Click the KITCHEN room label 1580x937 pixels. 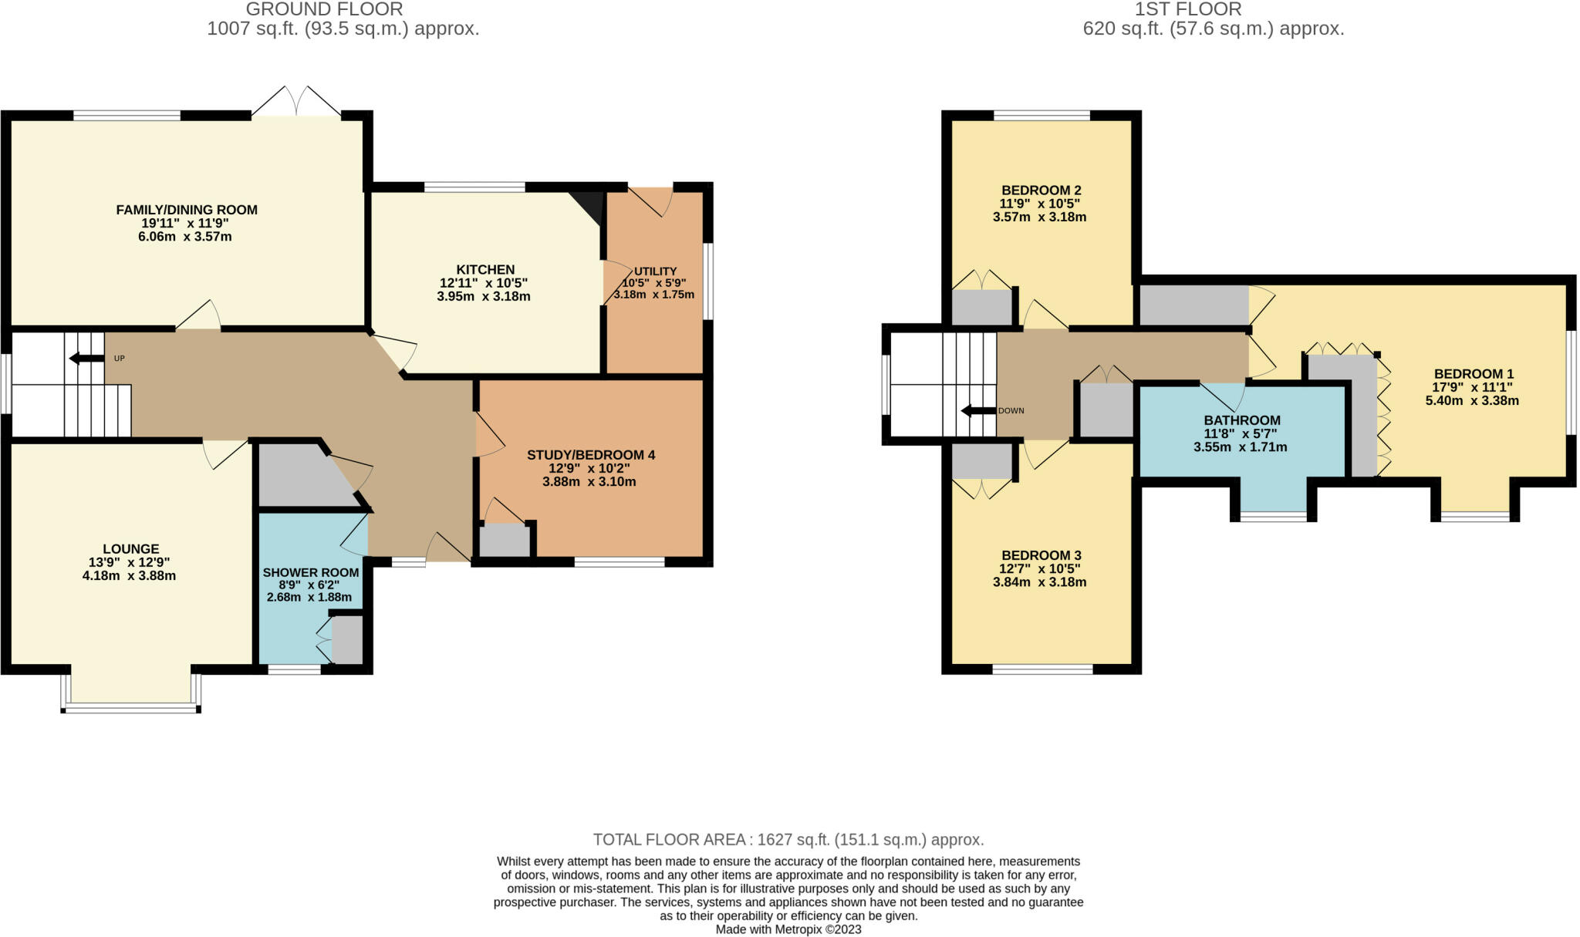pyautogui.click(x=485, y=269)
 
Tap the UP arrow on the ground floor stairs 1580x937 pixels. pyautogui.click(x=86, y=358)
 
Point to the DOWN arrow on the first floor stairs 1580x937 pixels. pyautogui.click(x=977, y=410)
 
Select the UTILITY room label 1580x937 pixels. pyautogui.click(x=655, y=271)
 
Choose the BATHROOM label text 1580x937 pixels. pyautogui.click(x=1242, y=420)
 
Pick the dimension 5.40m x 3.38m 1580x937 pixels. pyautogui.click(x=1472, y=400)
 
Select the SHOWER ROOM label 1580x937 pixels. pyautogui.click(x=311, y=572)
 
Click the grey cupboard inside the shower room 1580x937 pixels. pyautogui.click(x=347, y=639)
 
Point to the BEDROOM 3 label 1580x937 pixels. pyautogui.click(x=1041, y=555)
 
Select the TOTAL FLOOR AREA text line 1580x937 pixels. pyautogui.click(x=788, y=839)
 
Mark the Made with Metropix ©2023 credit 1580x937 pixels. pyautogui.click(x=788, y=929)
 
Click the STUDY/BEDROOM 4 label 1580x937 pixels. pyautogui.click(x=591, y=455)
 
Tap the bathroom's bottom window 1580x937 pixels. pyautogui.click(x=1274, y=516)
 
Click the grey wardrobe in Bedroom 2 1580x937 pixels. pyautogui.click(x=981, y=308)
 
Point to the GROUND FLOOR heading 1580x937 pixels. pyautogui.click(x=324, y=9)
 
